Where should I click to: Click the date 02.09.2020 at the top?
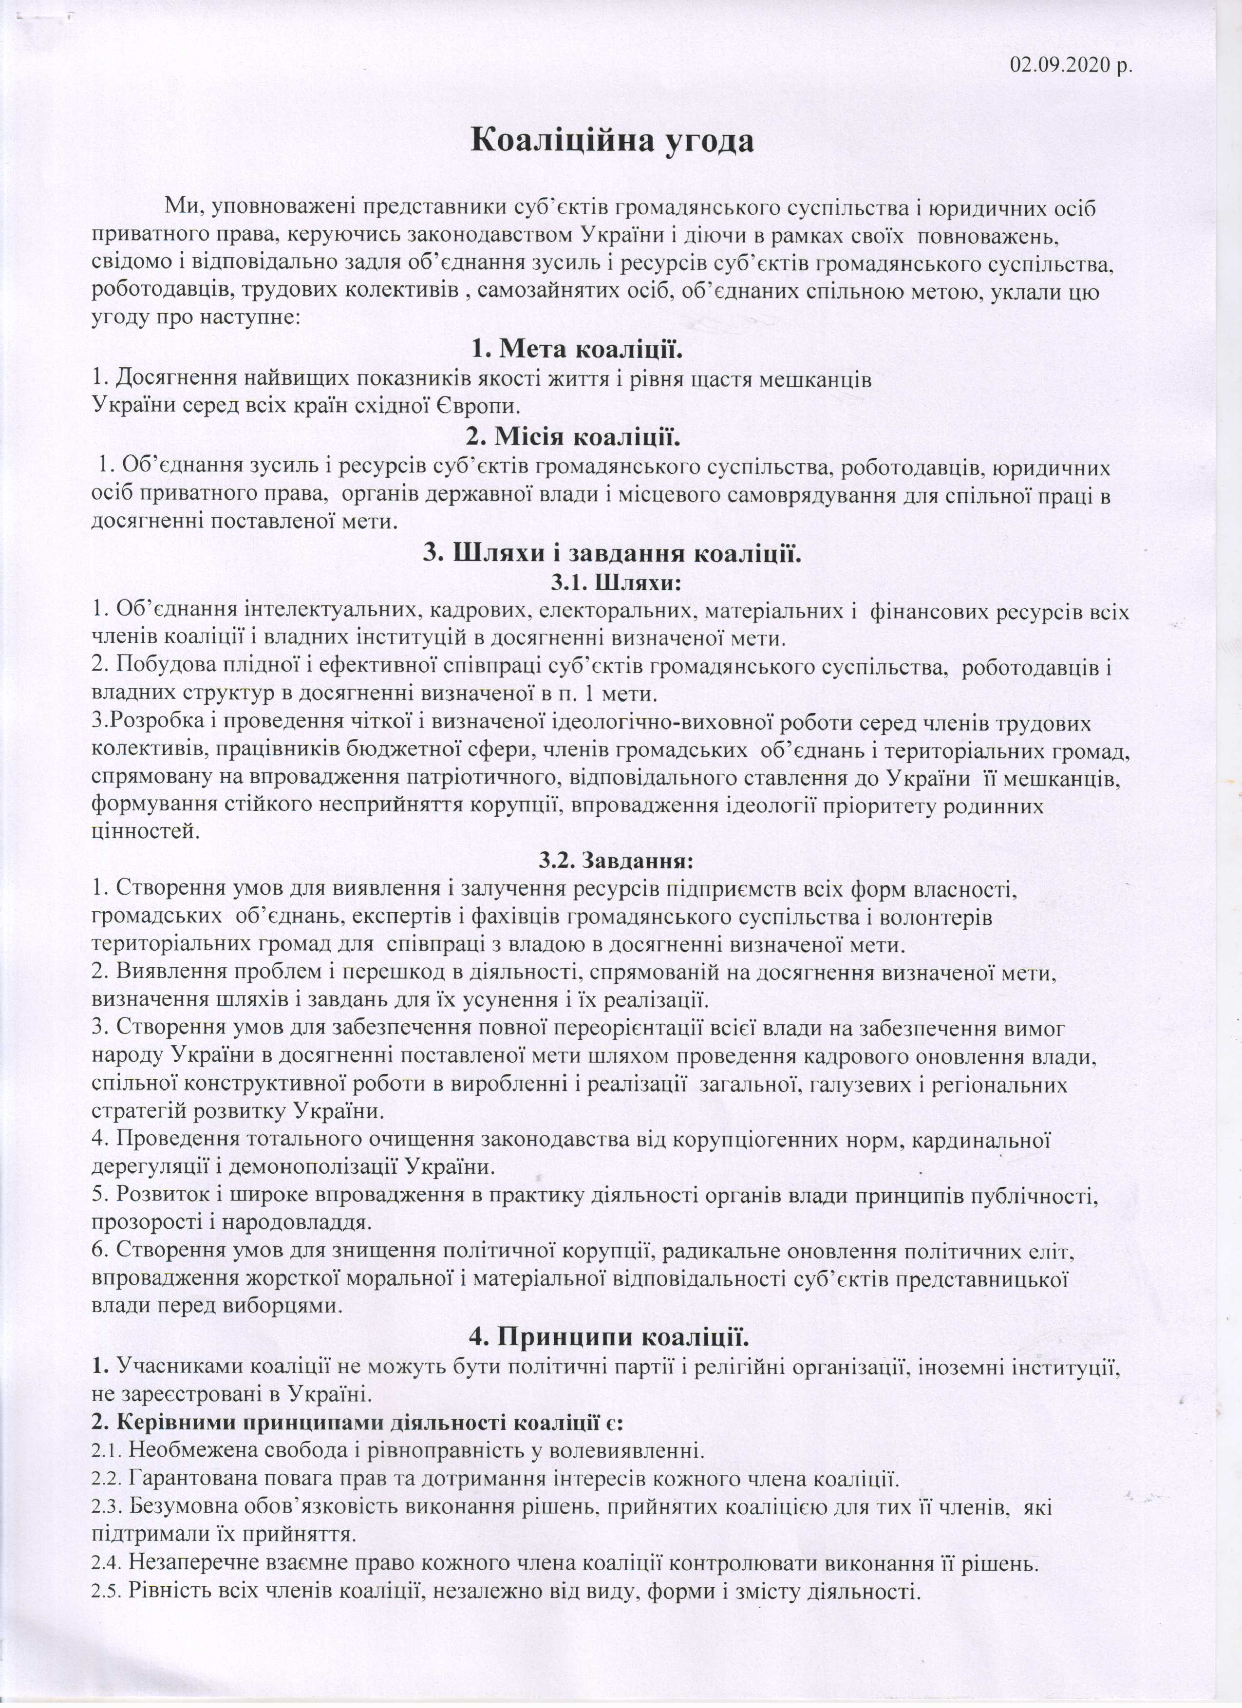point(1070,66)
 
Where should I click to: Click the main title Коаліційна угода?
point(612,141)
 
